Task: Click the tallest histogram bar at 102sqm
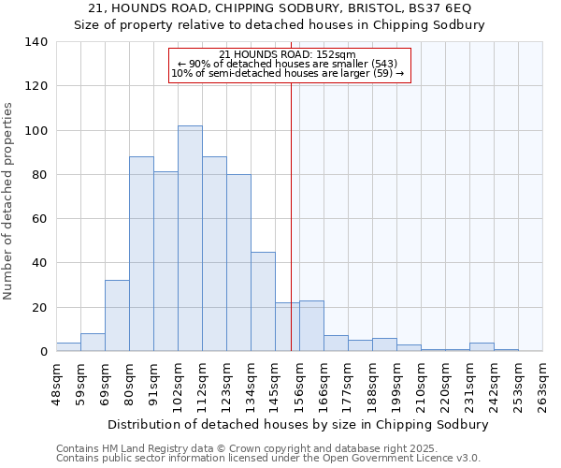(x=190, y=239)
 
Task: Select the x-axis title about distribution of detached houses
(x=298, y=424)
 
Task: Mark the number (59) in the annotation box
(x=383, y=73)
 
